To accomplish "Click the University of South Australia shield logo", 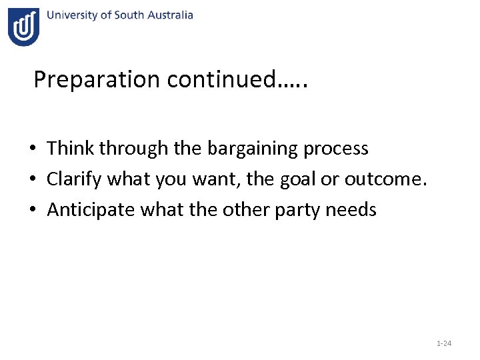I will pos(24,27).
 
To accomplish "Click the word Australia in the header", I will pos(170,15).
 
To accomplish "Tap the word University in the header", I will pos(72,15).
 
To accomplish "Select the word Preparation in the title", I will pos(97,80).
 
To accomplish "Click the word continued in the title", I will pos(220,79).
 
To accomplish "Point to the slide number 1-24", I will pos(443,343).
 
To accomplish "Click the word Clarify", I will pos(74,179).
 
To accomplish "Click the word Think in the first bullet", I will pos(71,148).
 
